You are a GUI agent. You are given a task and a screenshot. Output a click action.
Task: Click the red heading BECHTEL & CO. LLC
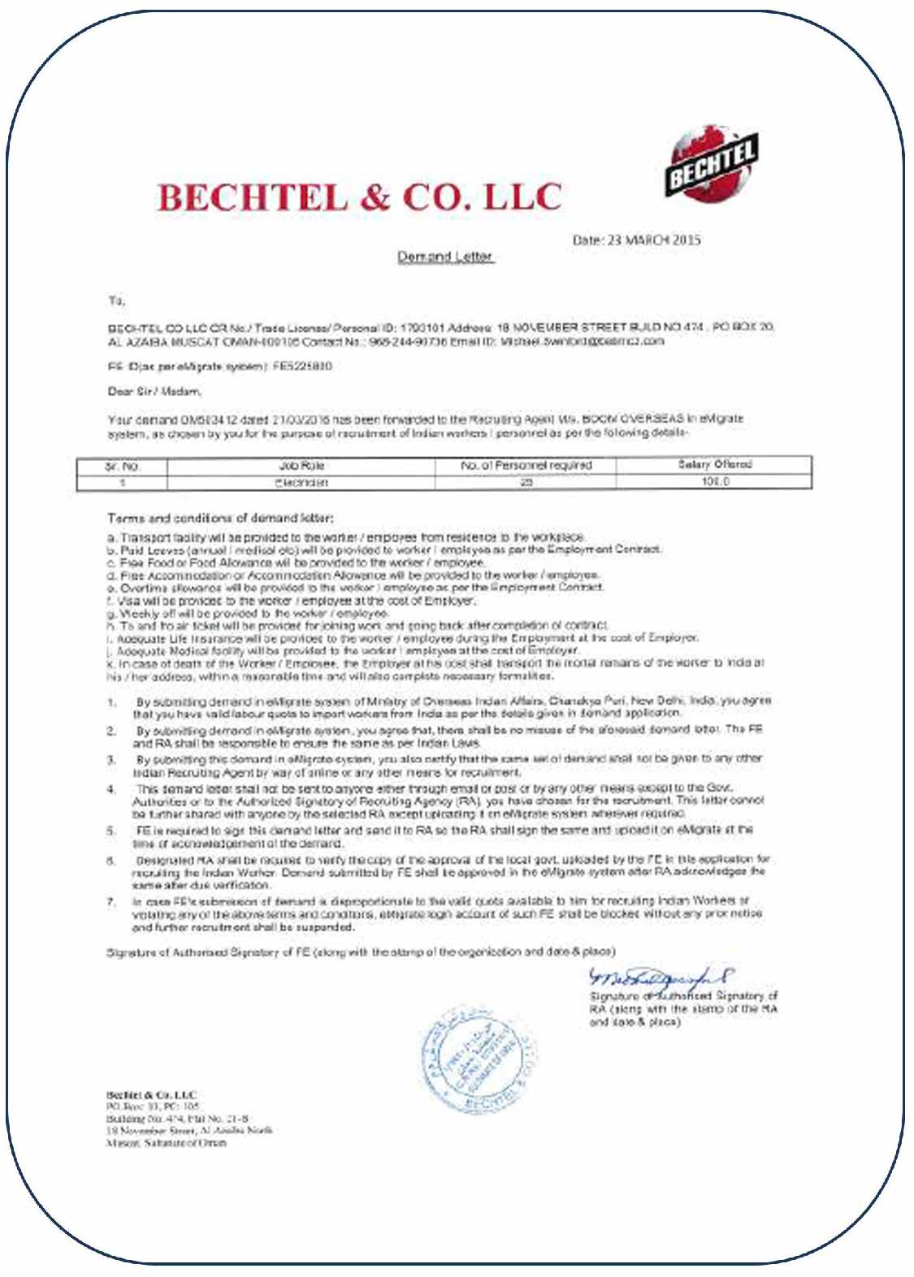359,197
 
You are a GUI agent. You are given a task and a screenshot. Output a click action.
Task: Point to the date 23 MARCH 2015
636,240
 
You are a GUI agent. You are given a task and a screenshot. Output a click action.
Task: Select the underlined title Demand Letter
445,257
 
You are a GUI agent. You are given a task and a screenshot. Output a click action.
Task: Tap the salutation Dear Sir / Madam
154,391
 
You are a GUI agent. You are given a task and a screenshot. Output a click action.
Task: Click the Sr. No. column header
123,467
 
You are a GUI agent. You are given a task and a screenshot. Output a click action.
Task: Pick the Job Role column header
301,466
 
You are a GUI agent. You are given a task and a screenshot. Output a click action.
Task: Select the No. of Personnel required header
526,466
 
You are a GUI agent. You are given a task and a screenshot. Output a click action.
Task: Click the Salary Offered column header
715,465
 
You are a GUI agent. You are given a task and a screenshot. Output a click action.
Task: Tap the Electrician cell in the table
301,482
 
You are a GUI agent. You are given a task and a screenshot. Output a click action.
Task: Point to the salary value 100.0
715,481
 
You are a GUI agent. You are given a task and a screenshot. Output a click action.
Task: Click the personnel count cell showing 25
526,482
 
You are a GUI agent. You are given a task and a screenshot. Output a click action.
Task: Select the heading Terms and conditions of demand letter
220,518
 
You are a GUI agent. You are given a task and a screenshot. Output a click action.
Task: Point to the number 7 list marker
112,901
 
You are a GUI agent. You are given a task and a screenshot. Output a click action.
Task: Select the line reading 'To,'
116,300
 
